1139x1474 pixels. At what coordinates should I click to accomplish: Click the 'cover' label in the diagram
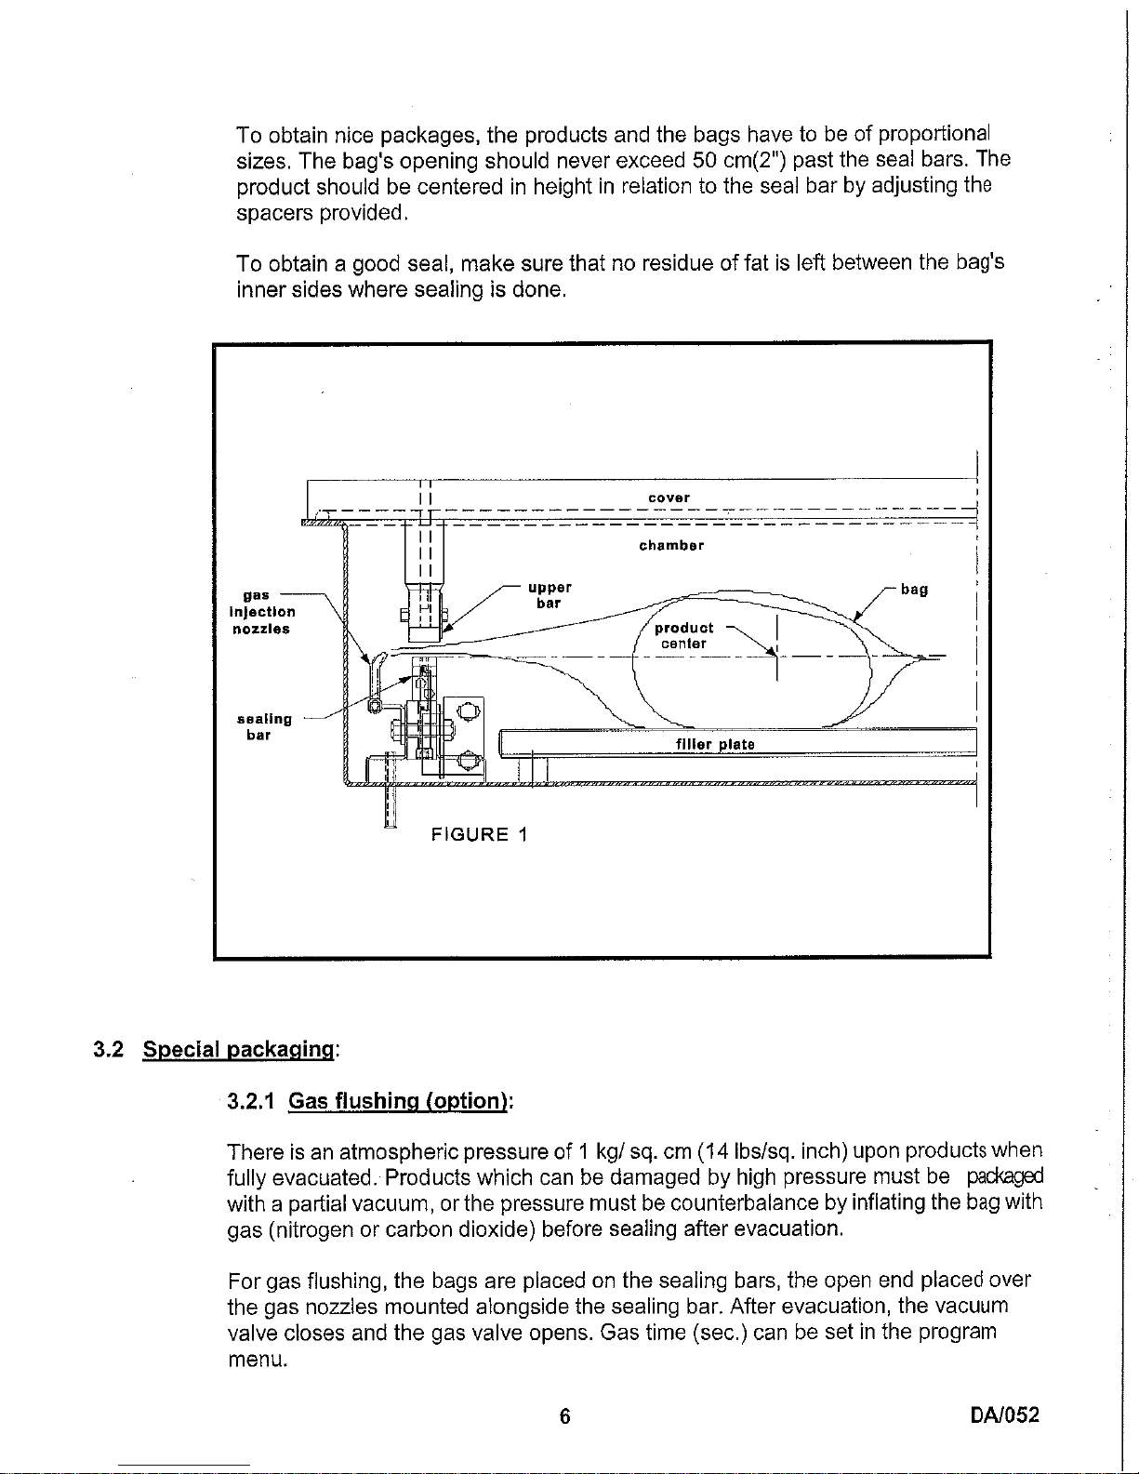click(669, 498)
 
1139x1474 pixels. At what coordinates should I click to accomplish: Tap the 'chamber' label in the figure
click(670, 545)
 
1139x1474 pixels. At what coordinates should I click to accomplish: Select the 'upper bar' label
click(549, 595)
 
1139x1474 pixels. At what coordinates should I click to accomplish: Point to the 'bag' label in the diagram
click(914, 590)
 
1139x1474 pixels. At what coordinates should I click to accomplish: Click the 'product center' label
click(683, 636)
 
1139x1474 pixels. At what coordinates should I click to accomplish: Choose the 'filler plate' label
click(715, 744)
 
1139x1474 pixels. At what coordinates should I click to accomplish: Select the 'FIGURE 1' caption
click(480, 834)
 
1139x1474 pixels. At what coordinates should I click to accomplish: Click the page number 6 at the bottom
click(563, 1416)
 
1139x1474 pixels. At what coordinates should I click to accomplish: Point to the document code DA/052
click(1004, 1415)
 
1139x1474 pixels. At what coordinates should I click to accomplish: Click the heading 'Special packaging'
click(239, 1050)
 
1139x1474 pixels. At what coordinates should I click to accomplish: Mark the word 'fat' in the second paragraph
click(754, 263)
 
